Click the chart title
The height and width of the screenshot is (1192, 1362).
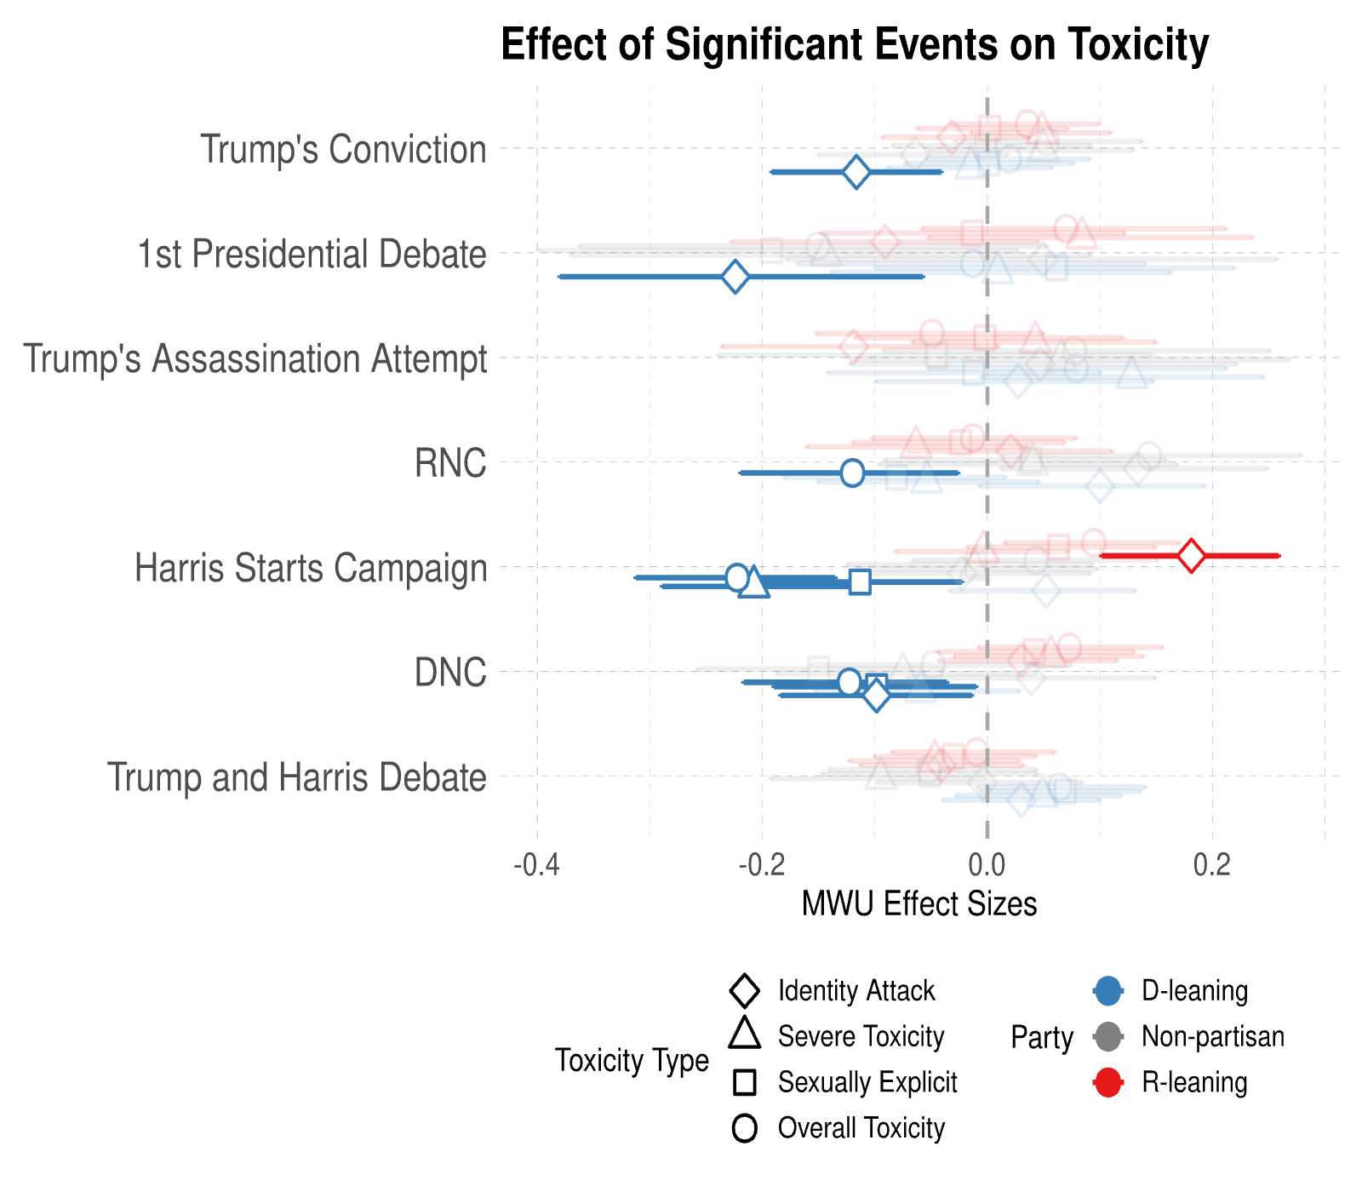point(855,44)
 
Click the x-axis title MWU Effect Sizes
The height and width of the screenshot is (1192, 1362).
point(919,903)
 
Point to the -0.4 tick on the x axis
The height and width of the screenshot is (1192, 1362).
point(536,864)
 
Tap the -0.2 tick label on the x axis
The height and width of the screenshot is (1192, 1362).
point(761,864)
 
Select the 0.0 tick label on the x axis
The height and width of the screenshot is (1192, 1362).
point(987,864)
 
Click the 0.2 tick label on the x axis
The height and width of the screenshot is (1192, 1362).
point(1212,864)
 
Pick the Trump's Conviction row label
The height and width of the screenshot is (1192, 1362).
point(343,149)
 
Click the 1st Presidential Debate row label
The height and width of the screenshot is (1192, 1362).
point(312,254)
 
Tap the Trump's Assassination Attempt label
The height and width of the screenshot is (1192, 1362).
point(255,358)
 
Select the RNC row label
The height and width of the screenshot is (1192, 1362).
point(450,463)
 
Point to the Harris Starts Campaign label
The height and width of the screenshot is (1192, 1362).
point(311,568)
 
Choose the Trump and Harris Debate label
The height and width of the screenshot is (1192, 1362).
point(296,777)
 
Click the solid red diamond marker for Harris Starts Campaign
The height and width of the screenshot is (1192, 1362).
point(1191,556)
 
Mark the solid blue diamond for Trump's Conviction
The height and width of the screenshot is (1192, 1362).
point(856,172)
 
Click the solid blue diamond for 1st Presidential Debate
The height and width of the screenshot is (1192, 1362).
point(735,277)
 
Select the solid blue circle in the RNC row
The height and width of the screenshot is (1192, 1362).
point(852,473)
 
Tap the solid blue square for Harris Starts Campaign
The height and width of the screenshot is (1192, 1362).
point(860,582)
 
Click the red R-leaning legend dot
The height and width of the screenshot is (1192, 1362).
point(1107,1083)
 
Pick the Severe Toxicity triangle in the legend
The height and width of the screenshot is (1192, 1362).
point(745,1034)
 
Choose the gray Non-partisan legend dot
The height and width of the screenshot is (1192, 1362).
point(1107,1037)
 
